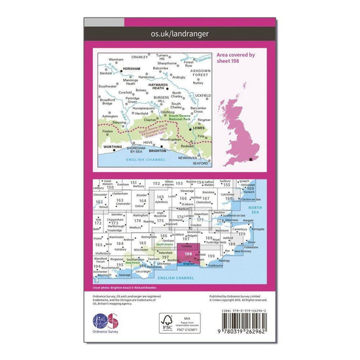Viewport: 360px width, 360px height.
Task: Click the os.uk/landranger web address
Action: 179,31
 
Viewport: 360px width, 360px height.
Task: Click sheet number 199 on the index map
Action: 211,256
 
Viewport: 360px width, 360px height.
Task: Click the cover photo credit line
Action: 124,287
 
